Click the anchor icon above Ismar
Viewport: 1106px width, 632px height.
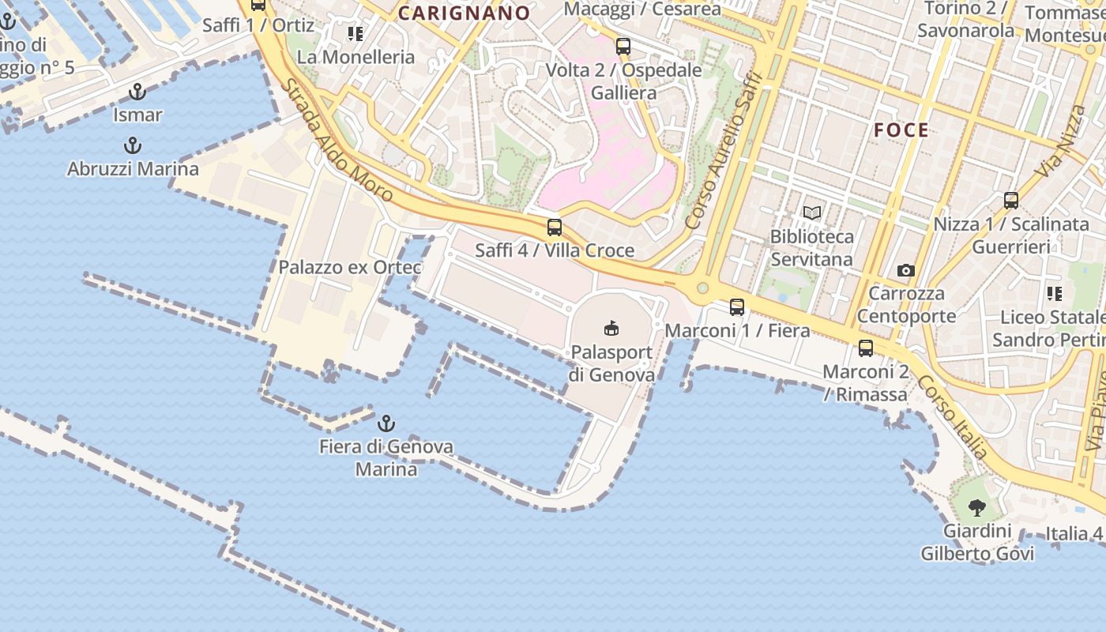pos(137,92)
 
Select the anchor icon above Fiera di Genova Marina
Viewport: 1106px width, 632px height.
pos(386,423)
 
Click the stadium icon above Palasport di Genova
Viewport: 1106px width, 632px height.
pos(611,328)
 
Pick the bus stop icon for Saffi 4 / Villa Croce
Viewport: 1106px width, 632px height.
pos(555,228)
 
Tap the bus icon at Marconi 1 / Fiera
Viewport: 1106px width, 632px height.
pos(737,307)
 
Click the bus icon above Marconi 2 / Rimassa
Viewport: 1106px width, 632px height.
pos(866,348)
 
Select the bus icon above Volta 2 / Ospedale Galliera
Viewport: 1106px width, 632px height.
pos(623,47)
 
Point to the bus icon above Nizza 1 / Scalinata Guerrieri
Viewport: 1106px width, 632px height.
pos(1011,201)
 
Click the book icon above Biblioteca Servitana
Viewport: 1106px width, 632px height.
pos(812,213)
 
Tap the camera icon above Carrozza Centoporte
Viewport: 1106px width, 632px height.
pos(906,271)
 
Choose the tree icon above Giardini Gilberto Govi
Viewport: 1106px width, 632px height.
pos(977,507)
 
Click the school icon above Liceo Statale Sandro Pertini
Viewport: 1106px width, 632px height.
pos(1055,294)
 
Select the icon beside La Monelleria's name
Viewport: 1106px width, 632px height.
pos(355,34)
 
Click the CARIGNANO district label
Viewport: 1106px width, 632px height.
pos(464,13)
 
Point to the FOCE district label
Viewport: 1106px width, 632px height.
pos(901,130)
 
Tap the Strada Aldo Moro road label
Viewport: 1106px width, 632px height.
pos(337,141)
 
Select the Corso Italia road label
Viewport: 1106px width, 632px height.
pos(953,417)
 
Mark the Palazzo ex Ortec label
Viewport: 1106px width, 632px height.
pos(350,267)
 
